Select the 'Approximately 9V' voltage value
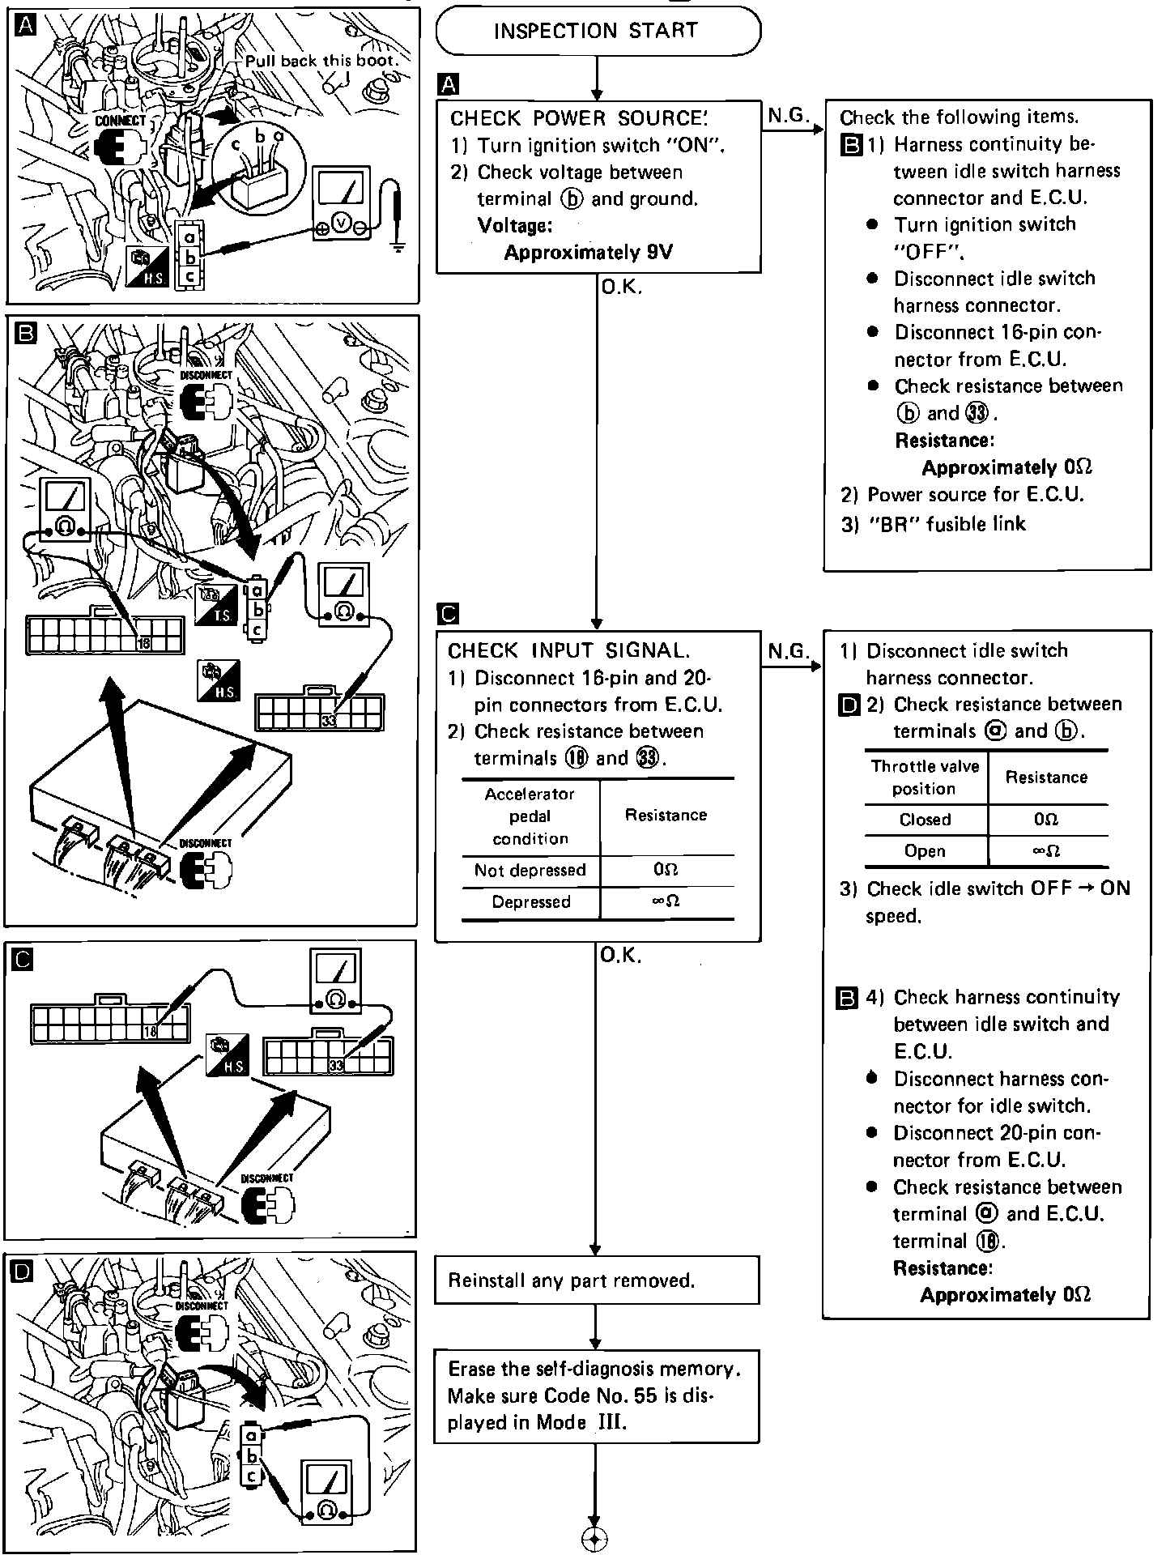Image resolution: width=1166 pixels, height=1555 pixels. [x=588, y=253]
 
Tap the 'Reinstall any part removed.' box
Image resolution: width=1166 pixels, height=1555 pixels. [x=596, y=1280]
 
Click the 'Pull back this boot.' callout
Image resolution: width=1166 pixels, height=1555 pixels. [x=321, y=61]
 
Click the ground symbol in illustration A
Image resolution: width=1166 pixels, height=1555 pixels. [x=397, y=245]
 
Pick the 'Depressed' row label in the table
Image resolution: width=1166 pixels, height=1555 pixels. [x=530, y=902]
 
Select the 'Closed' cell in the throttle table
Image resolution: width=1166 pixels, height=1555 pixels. [x=925, y=820]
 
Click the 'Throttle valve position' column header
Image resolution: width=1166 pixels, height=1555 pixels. [x=925, y=777]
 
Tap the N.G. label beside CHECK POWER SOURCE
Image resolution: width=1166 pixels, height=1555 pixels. [x=788, y=116]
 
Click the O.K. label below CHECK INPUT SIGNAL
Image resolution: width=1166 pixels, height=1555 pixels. [x=621, y=956]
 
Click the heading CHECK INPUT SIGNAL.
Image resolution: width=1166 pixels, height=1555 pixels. [x=569, y=650]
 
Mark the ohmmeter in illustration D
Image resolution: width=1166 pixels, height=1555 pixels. [x=326, y=1495]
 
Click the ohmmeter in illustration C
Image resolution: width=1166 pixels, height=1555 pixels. [x=336, y=982]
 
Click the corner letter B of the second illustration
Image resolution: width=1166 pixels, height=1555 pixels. [x=24, y=332]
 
